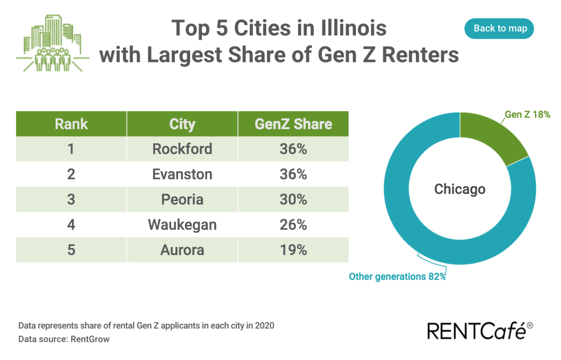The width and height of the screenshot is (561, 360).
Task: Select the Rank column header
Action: tap(71, 124)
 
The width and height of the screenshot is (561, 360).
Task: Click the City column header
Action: tap(182, 124)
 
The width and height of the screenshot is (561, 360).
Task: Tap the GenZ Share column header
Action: tap(293, 124)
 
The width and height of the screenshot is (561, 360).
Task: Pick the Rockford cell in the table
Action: tap(182, 149)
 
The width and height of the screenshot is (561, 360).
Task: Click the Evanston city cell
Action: tap(182, 174)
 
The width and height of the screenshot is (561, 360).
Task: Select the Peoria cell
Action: tap(182, 200)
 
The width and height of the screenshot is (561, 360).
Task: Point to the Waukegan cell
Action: tap(182, 225)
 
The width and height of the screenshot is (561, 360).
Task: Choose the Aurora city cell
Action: tap(182, 250)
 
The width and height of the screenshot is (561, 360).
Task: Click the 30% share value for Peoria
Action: tap(293, 200)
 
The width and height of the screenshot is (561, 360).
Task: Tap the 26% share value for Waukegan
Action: tap(293, 225)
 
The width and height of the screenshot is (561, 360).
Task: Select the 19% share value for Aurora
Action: tap(293, 250)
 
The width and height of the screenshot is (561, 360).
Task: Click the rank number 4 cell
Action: tap(71, 225)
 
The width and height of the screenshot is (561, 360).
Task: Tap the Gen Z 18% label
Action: tap(527, 114)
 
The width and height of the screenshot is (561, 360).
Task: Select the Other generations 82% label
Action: tap(397, 276)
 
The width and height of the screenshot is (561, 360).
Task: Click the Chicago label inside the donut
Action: tap(460, 189)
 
